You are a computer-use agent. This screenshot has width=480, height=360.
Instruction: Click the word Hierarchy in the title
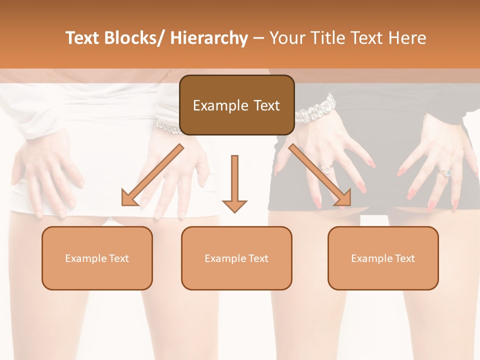pos(209,38)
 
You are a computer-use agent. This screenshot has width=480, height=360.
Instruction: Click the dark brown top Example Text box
pos(236,105)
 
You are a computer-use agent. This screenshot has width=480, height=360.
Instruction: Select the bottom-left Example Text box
pos(97,258)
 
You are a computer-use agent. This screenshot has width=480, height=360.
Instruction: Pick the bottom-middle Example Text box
pos(236,258)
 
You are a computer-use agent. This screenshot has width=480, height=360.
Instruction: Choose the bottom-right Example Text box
pos(383,258)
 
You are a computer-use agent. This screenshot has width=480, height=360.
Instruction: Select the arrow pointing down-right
pos(320,175)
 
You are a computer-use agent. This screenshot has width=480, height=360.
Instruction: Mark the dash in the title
pos(258,38)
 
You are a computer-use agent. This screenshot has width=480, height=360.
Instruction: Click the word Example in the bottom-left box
pos(85,258)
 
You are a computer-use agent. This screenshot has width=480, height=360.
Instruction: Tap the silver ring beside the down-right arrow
pos(326,168)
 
